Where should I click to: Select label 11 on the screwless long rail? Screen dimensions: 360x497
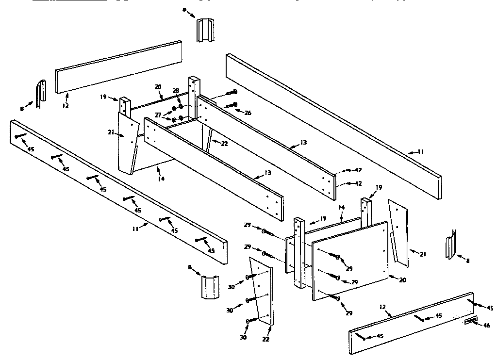420,152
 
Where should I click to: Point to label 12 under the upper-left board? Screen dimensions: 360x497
66,105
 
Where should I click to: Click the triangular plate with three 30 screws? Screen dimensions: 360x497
262,291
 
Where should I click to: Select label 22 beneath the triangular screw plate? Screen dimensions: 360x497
266,339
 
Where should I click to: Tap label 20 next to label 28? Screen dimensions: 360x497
158,87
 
